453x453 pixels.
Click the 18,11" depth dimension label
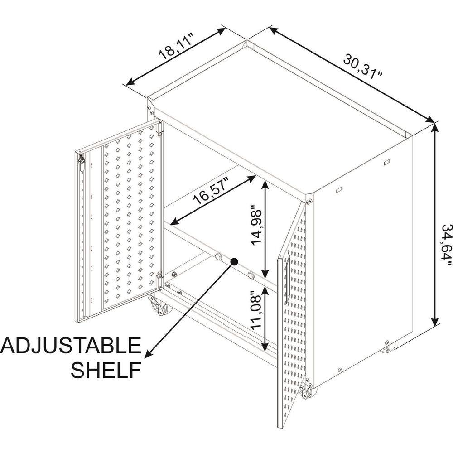[x=176, y=46]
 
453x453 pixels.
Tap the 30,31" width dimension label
[x=363, y=67]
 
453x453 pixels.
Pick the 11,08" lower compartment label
[x=256, y=310]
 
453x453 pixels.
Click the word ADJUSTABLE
[x=71, y=346]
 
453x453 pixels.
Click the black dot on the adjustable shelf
[x=234, y=261]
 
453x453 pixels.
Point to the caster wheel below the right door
[x=308, y=391]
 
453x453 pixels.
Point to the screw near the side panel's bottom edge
[x=340, y=370]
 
